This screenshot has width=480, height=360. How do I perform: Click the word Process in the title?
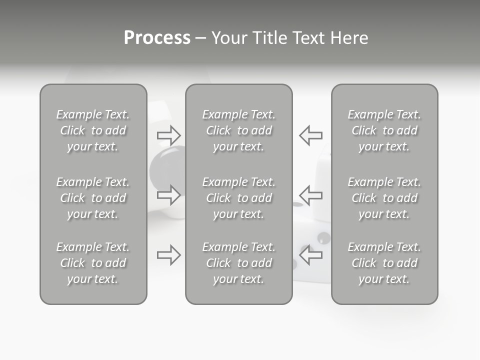pos(157,38)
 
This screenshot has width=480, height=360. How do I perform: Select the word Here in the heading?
pos(350,38)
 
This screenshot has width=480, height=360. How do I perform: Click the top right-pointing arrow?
pos(168,135)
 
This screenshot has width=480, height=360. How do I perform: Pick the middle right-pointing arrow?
pos(168,195)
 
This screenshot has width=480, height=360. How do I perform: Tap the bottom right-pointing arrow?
pos(168,255)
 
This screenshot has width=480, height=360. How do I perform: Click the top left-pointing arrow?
pos(311,135)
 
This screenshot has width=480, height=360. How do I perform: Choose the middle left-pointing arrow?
pos(311,195)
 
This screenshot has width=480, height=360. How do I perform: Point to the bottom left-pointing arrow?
pos(311,255)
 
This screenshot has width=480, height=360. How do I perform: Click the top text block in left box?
pos(93,130)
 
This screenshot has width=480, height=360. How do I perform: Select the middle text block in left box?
pos(93,198)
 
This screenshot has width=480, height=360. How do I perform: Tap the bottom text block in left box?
pos(93,263)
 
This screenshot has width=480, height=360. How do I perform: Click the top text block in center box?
pos(238,130)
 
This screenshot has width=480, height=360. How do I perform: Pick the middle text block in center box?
pos(238,198)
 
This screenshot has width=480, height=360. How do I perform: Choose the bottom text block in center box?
pos(238,263)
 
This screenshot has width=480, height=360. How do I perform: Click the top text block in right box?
pos(384,130)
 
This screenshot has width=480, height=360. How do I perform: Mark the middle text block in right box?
pos(384,198)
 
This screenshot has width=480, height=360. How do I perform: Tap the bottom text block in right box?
pos(384,263)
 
